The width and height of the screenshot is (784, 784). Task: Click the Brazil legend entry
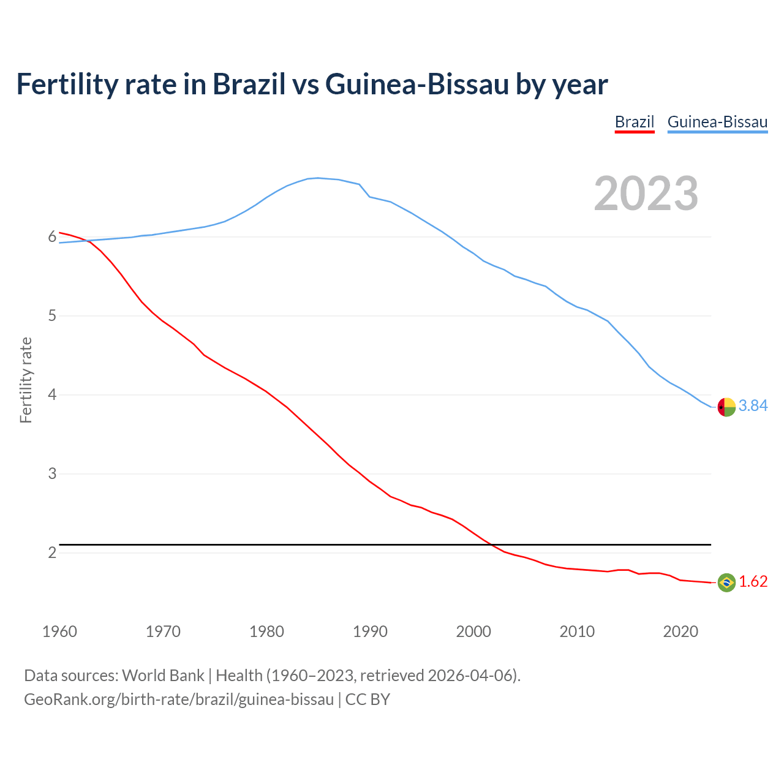coord(635,122)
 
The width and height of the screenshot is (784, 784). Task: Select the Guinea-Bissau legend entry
coord(717,122)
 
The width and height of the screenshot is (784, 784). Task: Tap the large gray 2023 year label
coord(646,194)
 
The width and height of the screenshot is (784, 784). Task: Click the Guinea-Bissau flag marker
coord(726,407)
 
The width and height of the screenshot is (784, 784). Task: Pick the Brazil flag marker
coord(726,582)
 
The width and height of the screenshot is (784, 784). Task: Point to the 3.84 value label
coord(753,406)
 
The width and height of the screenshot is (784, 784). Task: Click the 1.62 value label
coord(753,582)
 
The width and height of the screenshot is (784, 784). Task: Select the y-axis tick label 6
coord(52,237)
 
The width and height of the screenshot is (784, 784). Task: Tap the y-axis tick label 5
coord(52,316)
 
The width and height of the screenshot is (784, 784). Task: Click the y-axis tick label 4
coord(52,395)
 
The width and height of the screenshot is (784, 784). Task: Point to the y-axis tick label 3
coord(52,474)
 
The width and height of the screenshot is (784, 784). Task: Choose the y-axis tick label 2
coord(52,553)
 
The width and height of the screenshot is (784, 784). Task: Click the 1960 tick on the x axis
coord(59,631)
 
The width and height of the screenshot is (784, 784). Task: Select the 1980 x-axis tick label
coord(266,631)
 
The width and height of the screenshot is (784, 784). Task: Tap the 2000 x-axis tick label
coord(473,631)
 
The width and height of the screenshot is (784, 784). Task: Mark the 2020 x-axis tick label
coord(680,631)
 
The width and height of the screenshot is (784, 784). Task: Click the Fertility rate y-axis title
coord(26,380)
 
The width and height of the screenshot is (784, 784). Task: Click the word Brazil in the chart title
coord(249,84)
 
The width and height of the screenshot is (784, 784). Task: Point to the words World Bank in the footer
coord(163,676)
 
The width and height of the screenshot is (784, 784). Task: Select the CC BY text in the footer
coord(367,699)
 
